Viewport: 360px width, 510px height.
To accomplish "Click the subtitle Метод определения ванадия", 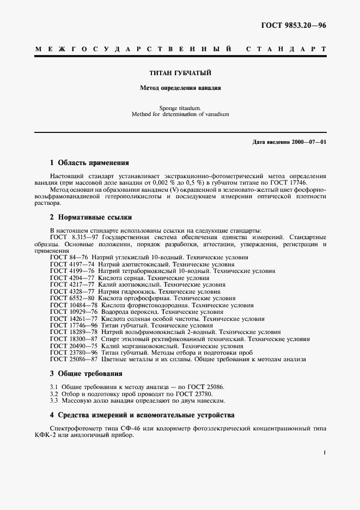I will click(x=180, y=87).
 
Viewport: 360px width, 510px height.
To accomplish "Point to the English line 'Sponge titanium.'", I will click(x=180, y=108).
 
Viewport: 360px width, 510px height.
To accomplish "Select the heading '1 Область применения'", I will click(x=89, y=162).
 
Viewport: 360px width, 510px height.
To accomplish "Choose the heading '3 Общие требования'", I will click(x=86, y=374).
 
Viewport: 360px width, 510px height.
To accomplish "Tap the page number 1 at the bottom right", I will click(x=324, y=452).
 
